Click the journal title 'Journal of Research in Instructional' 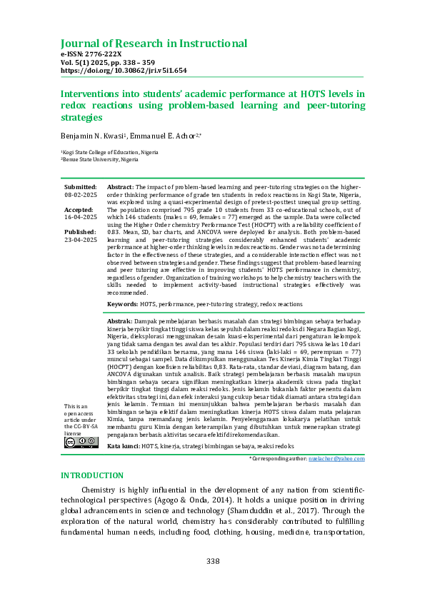click(154, 44)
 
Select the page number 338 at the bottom click(213, 562)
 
